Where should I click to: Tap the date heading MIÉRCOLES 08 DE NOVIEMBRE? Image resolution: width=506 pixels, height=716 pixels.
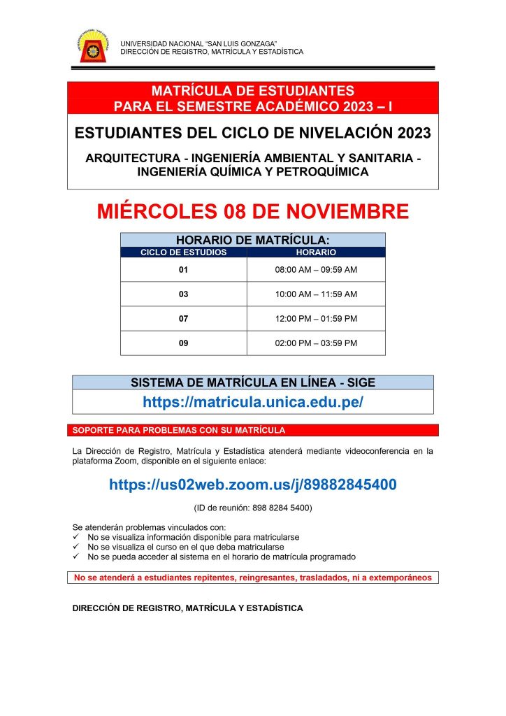point(253,211)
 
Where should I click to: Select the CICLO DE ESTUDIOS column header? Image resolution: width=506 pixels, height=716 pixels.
point(184,252)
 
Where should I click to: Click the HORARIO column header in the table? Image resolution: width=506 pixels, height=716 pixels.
point(316,252)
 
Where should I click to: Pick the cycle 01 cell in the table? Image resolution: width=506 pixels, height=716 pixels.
point(184,269)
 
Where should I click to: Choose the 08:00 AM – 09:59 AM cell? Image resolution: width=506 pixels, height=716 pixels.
point(316,269)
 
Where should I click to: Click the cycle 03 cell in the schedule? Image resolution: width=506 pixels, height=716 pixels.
point(184,294)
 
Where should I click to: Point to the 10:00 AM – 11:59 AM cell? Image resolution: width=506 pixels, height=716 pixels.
point(316,294)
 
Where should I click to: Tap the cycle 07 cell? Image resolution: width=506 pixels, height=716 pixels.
point(184,319)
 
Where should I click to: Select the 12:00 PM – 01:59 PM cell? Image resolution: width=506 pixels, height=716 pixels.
point(316,319)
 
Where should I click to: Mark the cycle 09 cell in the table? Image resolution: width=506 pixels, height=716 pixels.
point(184,343)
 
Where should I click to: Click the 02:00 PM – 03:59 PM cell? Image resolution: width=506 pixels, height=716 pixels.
point(316,343)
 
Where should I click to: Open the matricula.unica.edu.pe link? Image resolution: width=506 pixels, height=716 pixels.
point(253,402)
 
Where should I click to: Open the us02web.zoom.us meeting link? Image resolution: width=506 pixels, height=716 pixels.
point(253,484)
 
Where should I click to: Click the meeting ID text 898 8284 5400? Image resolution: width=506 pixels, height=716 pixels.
point(253,508)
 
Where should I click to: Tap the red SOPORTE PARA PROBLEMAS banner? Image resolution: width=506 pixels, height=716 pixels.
point(255,430)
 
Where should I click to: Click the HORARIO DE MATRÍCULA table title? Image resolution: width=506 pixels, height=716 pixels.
point(253,240)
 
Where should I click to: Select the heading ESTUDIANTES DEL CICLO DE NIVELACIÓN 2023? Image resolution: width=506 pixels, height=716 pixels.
point(253,132)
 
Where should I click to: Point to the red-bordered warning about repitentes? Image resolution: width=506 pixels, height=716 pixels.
point(253,578)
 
